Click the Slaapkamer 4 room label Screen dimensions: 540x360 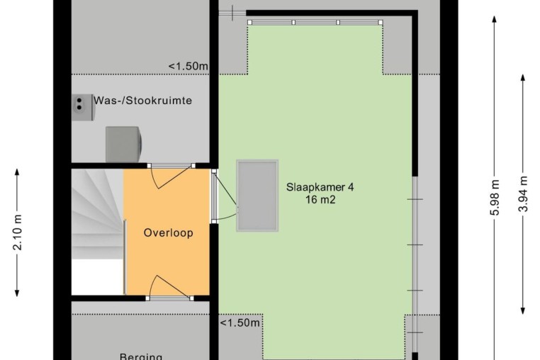click(320, 187)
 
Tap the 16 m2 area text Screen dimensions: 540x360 click(320, 200)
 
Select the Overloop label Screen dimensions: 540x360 click(169, 233)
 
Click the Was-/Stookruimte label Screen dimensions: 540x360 click(143, 101)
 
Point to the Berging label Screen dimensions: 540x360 click(141, 356)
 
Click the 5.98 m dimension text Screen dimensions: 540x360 click(494, 198)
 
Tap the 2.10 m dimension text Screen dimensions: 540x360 click(18, 232)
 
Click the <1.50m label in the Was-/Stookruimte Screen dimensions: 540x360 click(188, 66)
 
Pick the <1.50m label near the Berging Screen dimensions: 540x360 click(240, 322)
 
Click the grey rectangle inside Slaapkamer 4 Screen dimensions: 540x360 click(257, 196)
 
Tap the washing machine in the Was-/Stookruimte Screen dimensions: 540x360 click(123, 145)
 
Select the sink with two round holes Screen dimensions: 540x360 click(83, 108)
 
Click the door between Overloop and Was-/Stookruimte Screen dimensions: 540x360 click(171, 176)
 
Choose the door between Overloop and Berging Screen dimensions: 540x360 click(170, 287)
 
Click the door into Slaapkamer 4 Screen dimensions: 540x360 click(225, 196)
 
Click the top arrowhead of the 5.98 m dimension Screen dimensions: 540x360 click(494, 19)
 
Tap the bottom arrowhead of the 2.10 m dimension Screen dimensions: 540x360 click(17, 293)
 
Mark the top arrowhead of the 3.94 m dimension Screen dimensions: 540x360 click(523, 78)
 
